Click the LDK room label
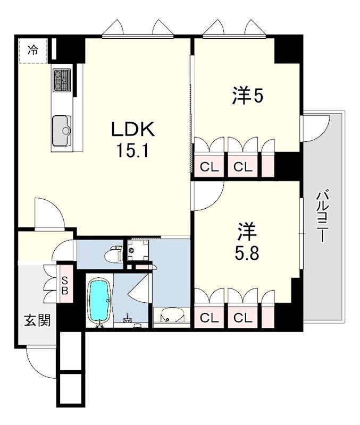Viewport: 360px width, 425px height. tap(133, 130)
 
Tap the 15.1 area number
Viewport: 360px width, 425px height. tap(133, 151)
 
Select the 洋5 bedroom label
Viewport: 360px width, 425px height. tap(248, 96)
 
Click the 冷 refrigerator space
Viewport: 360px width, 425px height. tap(34, 50)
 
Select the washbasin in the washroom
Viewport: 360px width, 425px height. tap(169, 317)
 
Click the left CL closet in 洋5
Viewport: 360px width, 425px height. tap(209, 167)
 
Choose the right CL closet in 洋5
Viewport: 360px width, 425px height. tap(242, 167)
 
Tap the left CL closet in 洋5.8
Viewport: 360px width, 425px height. tap(209, 318)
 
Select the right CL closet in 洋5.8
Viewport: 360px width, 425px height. tap(242, 318)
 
